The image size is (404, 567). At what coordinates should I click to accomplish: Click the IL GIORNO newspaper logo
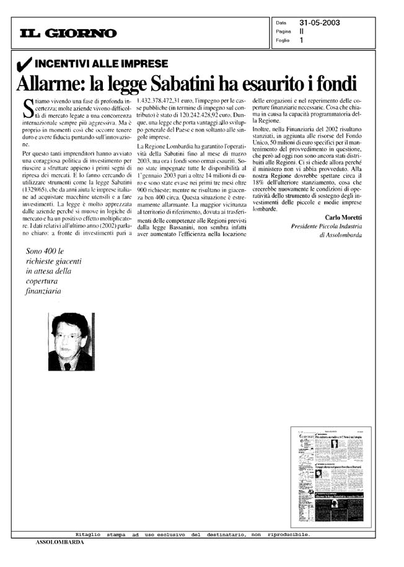point(68,33)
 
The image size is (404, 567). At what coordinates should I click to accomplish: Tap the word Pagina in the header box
point(284,32)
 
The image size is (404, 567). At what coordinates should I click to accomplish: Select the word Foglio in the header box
point(283,41)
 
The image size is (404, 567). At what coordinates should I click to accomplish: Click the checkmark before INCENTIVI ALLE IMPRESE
point(25,64)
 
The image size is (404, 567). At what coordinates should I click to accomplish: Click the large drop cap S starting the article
point(27,108)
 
